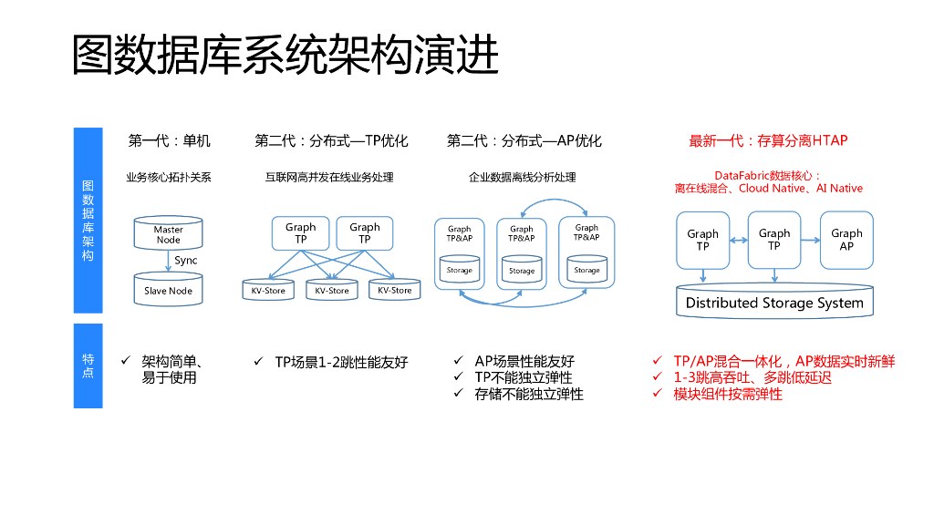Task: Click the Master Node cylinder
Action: (168, 233)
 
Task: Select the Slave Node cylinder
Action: (168, 290)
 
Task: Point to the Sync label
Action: (186, 261)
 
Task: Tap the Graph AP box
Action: (846, 240)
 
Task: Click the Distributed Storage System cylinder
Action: (774, 302)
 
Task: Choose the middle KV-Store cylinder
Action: (332, 290)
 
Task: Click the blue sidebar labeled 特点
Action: (88, 365)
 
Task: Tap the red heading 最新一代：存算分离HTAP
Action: (768, 140)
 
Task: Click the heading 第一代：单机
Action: (169, 140)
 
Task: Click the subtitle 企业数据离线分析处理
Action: (523, 177)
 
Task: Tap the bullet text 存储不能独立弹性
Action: (529, 394)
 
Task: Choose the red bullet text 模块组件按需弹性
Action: (728, 394)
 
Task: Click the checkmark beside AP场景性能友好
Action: (459, 362)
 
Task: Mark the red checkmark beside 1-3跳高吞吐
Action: (657, 377)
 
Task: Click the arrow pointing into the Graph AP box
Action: (810, 240)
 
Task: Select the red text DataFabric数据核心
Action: (767, 175)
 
